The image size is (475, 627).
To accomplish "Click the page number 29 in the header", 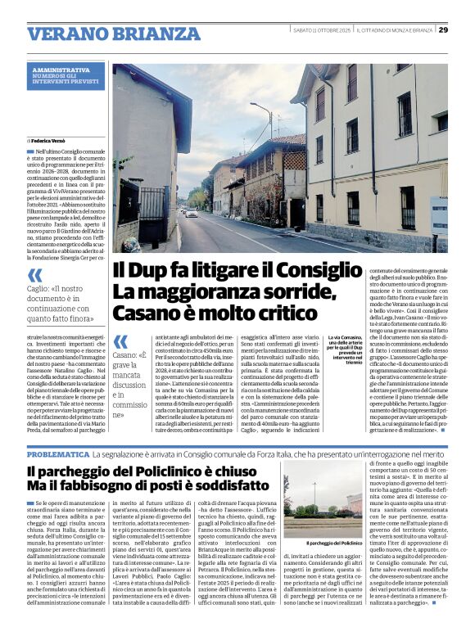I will coord(443,29).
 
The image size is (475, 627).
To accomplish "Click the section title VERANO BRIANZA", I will coord(102,34).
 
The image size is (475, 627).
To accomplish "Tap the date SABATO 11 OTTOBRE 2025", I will coord(321,30).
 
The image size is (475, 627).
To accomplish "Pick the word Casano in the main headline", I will coord(143,312).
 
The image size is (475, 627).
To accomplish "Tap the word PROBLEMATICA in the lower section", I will coord(57,453).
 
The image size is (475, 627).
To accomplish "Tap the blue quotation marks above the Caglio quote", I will coord(35,276).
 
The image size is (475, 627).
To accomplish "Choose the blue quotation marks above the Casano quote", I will coord(120,341).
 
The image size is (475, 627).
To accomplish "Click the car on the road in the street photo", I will coord(191,214).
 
